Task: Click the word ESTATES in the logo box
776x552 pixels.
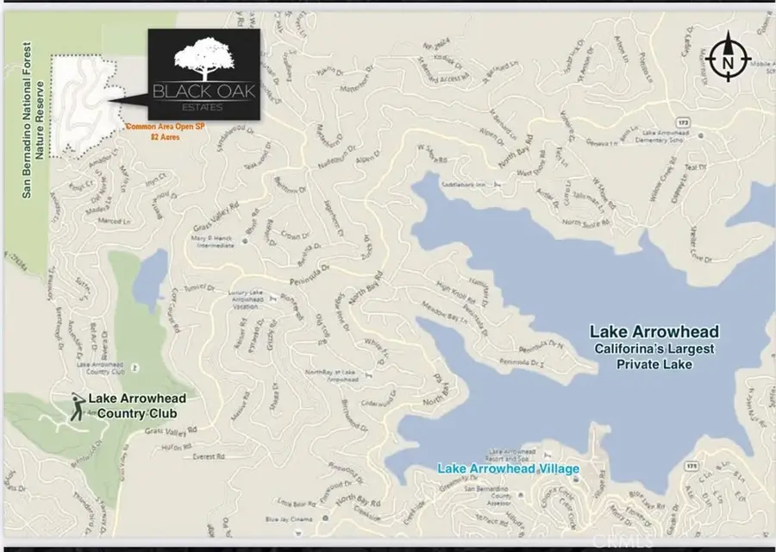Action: pyautogui.click(x=203, y=107)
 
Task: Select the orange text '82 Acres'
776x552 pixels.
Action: pyautogui.click(x=167, y=136)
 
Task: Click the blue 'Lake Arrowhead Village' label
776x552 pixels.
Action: pyautogui.click(x=508, y=469)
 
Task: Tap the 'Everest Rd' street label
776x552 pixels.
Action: pyautogui.click(x=207, y=456)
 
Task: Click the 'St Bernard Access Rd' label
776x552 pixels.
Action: pyautogui.click(x=435, y=74)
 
